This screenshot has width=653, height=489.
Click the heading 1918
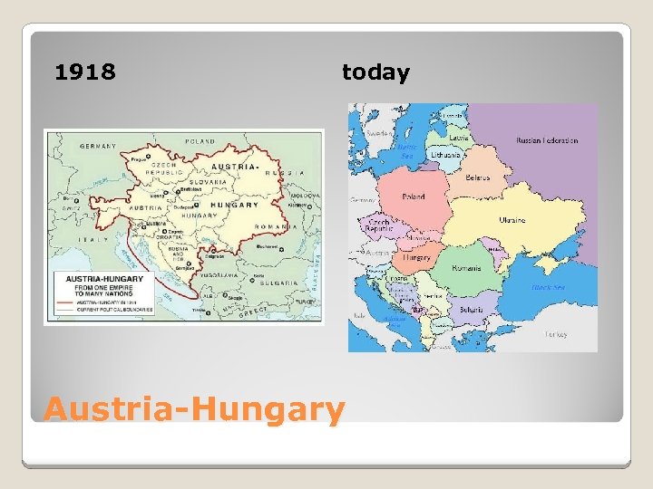[x=85, y=72]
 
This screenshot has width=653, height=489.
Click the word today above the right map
[x=375, y=72]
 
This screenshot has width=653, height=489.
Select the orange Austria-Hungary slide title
[x=194, y=409]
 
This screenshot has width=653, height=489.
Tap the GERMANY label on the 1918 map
[x=99, y=146]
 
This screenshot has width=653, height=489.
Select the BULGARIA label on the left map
[x=277, y=283]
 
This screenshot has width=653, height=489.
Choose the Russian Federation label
[x=547, y=140]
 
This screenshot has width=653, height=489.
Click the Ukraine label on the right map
[x=512, y=219]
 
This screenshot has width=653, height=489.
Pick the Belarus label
[x=477, y=177]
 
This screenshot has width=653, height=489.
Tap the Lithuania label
[x=446, y=155]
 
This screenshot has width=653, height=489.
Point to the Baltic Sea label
[x=407, y=150]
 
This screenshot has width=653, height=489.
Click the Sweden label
[x=378, y=132]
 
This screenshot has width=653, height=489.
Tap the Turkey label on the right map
[x=555, y=333]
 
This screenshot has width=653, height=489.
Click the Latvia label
[x=459, y=138]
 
